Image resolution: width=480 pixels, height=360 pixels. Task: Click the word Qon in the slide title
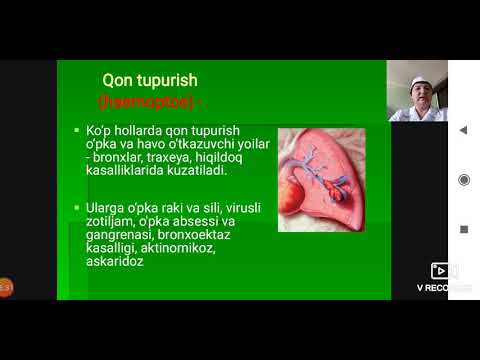point(119,80)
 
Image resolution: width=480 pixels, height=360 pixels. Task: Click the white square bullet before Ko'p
point(77,132)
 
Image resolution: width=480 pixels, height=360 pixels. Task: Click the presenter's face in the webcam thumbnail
point(420,95)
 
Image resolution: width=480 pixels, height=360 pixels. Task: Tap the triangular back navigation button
point(463,130)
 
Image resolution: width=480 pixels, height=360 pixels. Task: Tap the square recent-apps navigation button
point(463,228)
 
